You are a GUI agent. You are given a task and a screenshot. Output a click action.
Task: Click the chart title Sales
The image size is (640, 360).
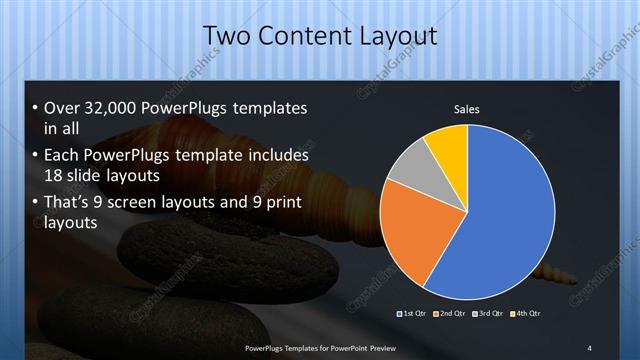click(x=466, y=108)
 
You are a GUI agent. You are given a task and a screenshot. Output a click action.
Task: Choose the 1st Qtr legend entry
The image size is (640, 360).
click(x=413, y=314)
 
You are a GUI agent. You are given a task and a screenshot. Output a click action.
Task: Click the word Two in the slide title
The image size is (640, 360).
click(x=226, y=37)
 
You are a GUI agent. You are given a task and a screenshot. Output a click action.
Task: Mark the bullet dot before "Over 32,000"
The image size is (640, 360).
click(x=36, y=108)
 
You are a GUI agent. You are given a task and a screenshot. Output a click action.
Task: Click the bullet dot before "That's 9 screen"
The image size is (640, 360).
click(x=36, y=204)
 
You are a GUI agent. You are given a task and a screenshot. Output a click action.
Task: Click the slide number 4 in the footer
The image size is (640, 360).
click(x=590, y=346)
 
